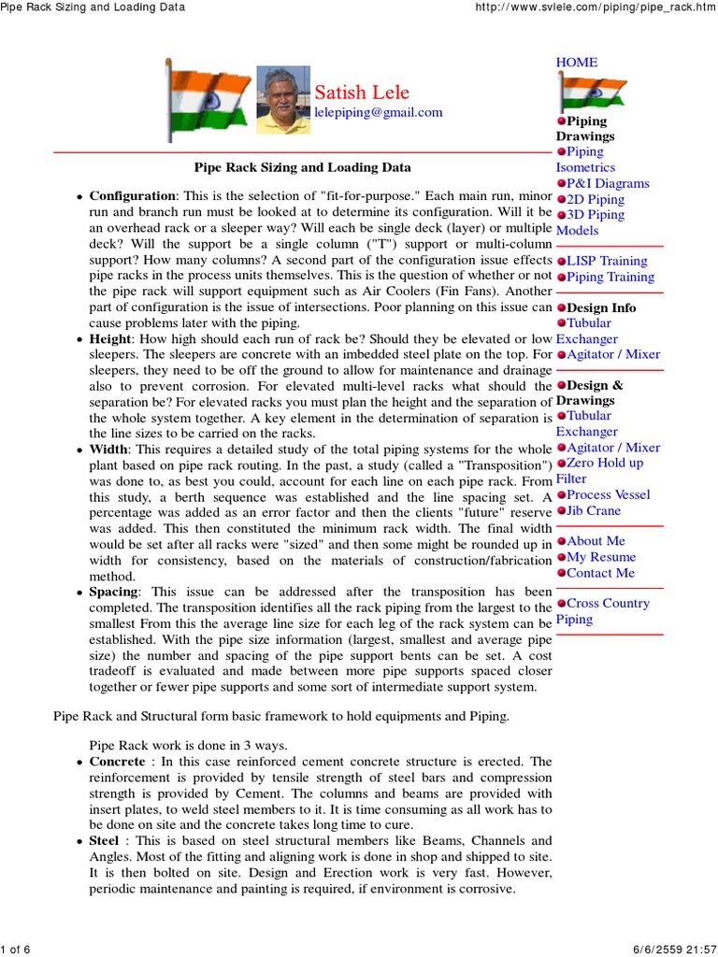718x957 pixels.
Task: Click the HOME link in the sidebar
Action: coord(577,62)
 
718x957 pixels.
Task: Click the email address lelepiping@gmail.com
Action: coord(378,112)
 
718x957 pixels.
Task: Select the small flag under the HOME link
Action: coord(582,93)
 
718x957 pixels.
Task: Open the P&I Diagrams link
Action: coord(608,183)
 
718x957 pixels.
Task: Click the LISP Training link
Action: coord(610,261)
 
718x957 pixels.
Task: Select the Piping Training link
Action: coord(610,277)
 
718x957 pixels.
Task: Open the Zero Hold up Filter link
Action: coord(604,464)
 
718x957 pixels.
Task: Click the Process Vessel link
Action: coord(608,494)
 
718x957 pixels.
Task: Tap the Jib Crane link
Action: coord(594,510)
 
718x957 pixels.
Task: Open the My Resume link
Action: coord(601,557)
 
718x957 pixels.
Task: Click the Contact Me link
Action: coord(600,573)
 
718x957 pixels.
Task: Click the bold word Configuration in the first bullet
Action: coord(132,195)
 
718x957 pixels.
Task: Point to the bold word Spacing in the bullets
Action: coord(113,592)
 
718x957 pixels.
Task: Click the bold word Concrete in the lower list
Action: coord(117,762)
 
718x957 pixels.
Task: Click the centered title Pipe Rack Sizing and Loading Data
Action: coord(302,168)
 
